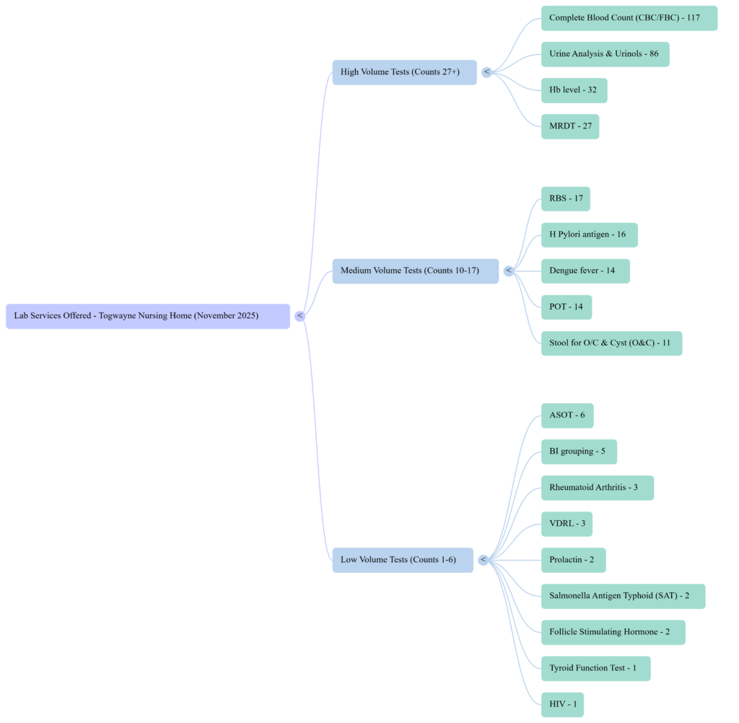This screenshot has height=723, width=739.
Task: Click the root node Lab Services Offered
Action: (x=147, y=316)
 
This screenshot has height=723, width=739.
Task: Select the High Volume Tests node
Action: (x=404, y=72)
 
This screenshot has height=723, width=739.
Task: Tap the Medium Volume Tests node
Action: (x=415, y=271)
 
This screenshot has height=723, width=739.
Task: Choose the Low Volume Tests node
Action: (x=403, y=560)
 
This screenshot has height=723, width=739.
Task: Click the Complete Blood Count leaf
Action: (x=629, y=18)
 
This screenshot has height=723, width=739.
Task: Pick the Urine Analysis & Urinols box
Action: (x=605, y=54)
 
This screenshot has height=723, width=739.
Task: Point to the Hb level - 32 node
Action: (x=574, y=90)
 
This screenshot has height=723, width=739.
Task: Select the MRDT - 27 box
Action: (x=569, y=126)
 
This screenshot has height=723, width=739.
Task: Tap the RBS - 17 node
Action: (x=565, y=198)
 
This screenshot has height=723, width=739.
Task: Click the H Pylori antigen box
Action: (x=589, y=235)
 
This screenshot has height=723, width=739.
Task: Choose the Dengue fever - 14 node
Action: (x=585, y=271)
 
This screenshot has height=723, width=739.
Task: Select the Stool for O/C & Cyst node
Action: (x=611, y=343)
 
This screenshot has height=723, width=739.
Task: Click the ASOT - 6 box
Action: (x=567, y=416)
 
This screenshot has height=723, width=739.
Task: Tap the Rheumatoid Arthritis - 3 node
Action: (x=597, y=488)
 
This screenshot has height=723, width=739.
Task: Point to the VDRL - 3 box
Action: (x=567, y=524)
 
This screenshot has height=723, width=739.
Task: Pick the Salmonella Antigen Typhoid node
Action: (x=623, y=596)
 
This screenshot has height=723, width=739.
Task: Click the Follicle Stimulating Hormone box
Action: (x=613, y=632)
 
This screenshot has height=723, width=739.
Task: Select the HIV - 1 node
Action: (x=562, y=704)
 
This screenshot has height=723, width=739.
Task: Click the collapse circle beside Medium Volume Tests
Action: (x=509, y=271)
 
